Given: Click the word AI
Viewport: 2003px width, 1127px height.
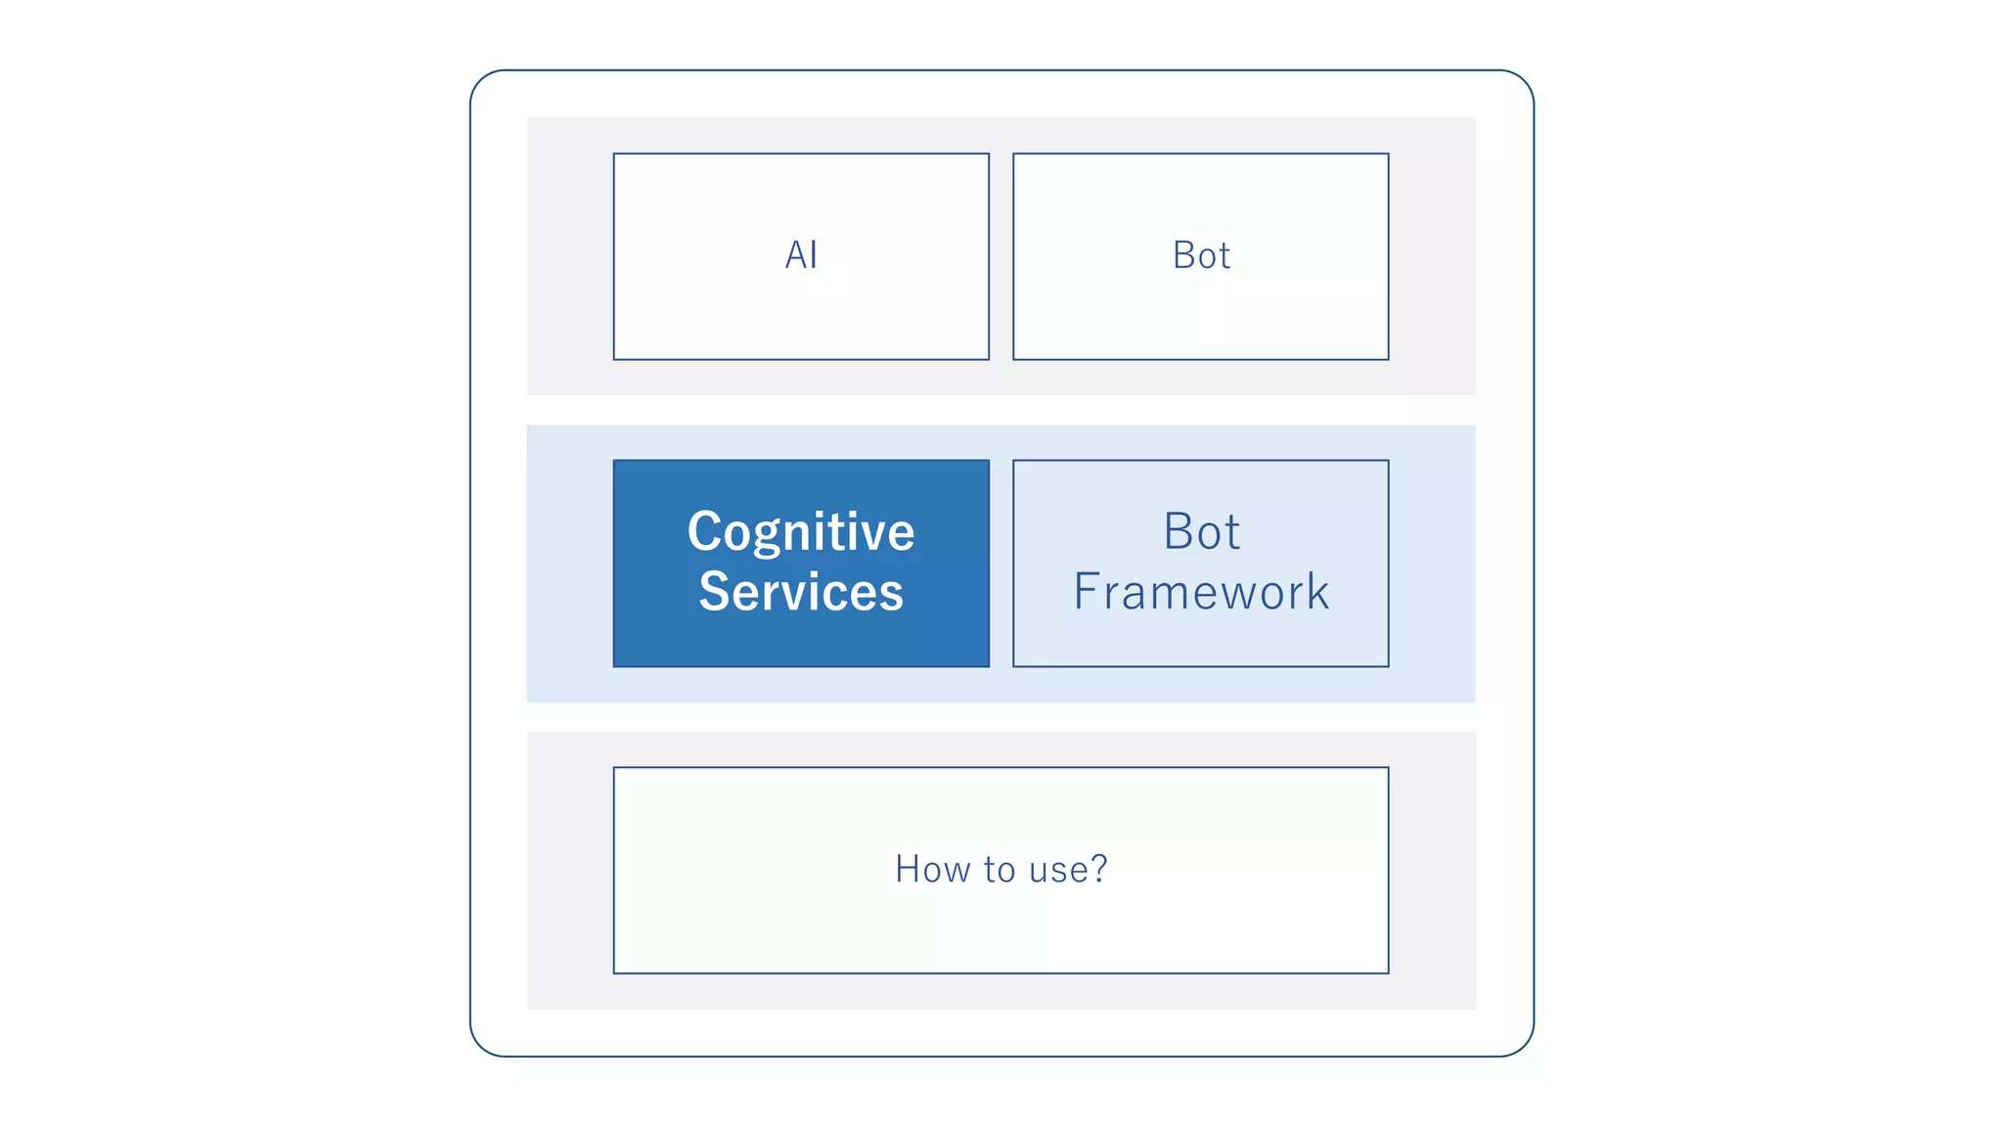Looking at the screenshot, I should [801, 255].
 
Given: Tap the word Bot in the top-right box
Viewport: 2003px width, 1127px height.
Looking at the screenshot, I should [1201, 255].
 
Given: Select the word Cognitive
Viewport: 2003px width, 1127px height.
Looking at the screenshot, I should [801, 532].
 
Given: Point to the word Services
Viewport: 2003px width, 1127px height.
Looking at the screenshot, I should [801, 592].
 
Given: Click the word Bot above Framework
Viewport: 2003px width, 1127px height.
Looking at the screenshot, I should [1201, 532].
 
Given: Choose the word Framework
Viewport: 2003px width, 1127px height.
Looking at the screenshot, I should [1201, 592].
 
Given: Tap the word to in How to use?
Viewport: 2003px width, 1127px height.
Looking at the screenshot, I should [1000, 870].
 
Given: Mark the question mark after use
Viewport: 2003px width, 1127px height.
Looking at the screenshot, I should [1098, 868].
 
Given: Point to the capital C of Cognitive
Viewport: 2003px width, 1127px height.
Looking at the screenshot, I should [704, 532].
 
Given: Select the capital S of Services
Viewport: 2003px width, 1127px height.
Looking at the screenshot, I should [714, 592].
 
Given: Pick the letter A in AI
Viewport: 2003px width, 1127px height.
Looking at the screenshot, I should [794, 255].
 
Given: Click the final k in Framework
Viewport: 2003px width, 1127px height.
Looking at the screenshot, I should [1317, 592].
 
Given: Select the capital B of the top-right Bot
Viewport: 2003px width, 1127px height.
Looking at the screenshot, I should [1184, 255].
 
